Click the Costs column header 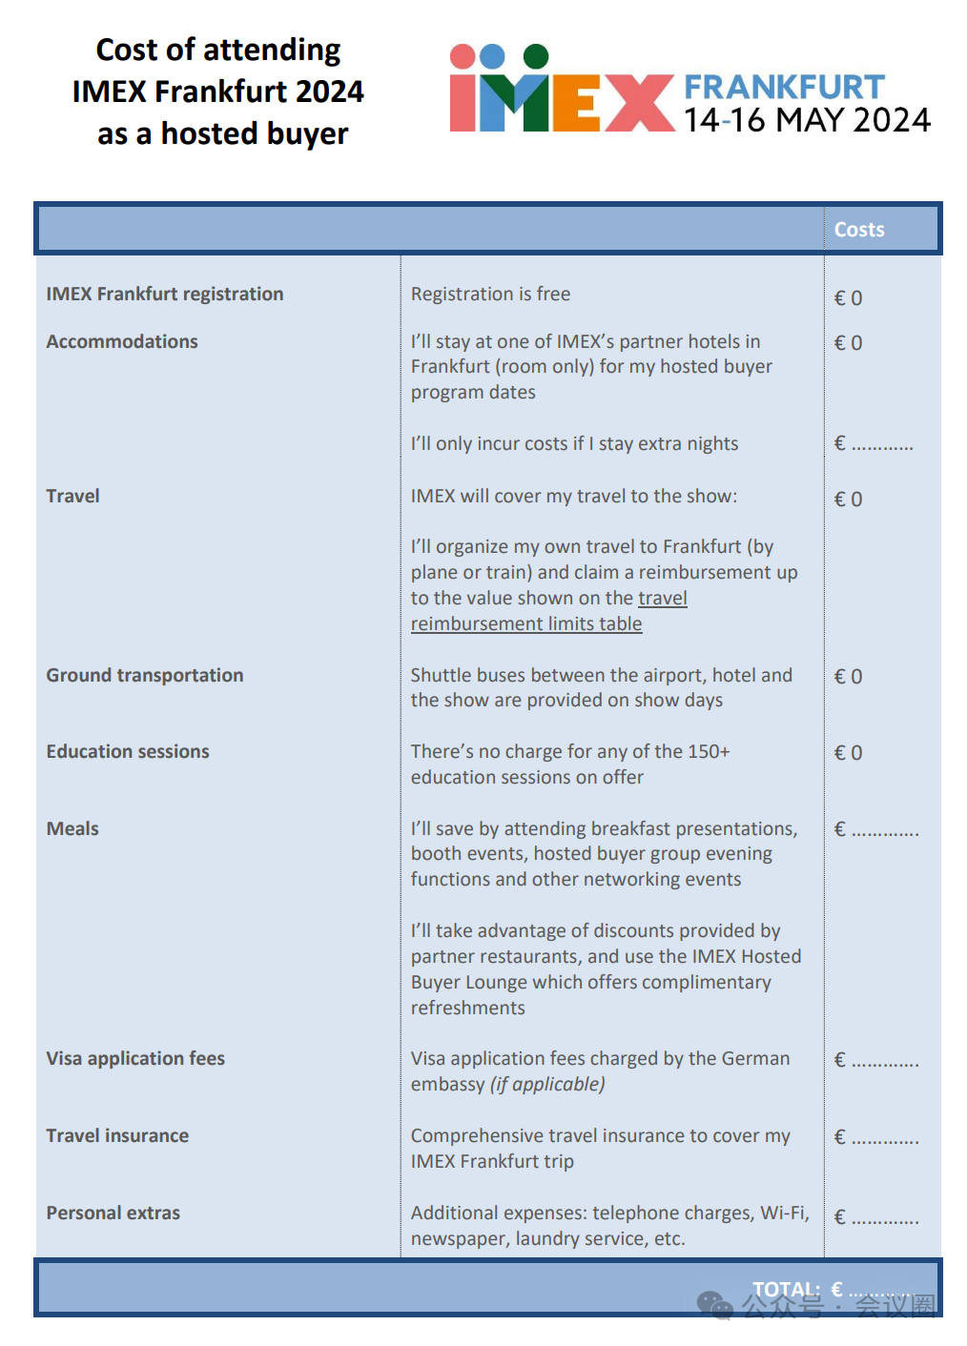[858, 230]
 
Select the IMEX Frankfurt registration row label [165, 294]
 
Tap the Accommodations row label [122, 341]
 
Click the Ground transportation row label [145, 675]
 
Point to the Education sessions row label [128, 751]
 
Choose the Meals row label [72, 828]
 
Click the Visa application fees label [135, 1058]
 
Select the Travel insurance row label [117, 1135]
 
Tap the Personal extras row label [113, 1213]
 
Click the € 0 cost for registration [848, 297]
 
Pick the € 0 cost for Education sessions [848, 753]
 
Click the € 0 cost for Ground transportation [848, 677]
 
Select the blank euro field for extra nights [874, 444]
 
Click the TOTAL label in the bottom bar [786, 1289]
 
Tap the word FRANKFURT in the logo [784, 87]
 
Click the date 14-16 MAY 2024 [806, 120]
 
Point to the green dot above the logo [536, 55]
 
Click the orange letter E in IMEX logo [576, 102]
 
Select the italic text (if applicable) [547, 1084]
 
